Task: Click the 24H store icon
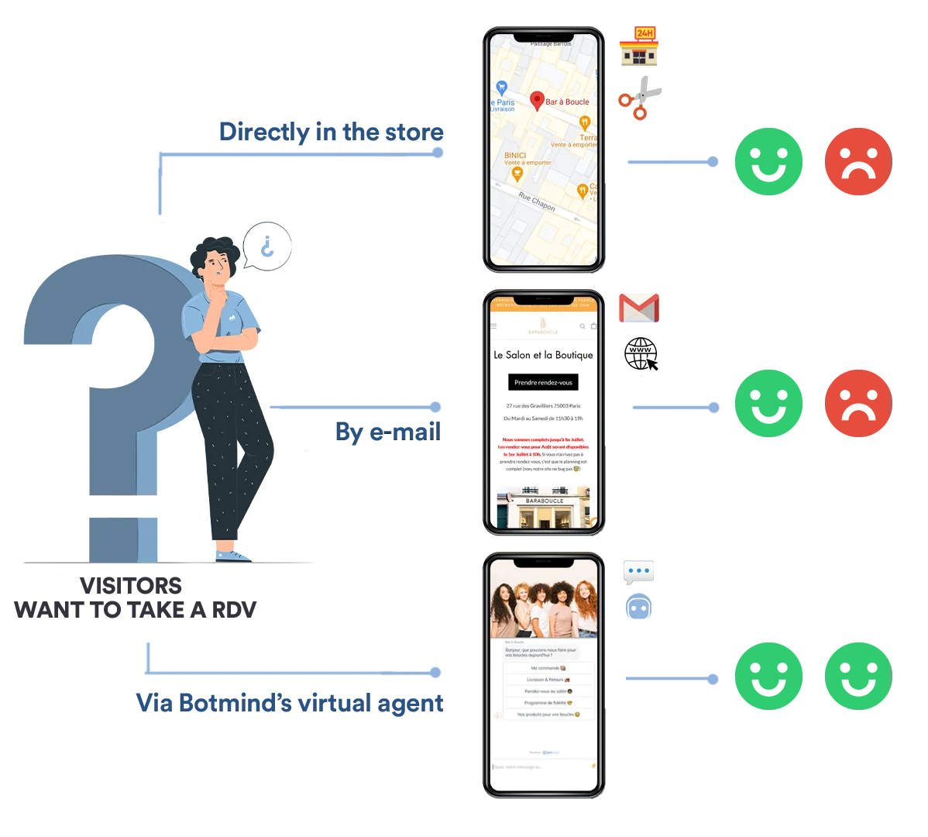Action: point(640,47)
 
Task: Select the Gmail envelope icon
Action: point(639,308)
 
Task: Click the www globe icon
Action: point(641,354)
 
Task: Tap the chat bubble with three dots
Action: point(638,571)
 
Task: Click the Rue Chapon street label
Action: point(537,201)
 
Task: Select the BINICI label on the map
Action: point(515,156)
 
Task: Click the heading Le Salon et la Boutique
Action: point(543,355)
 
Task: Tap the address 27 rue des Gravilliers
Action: point(543,405)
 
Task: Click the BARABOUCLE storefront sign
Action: point(545,501)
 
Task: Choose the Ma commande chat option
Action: point(548,667)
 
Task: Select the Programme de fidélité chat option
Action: point(548,703)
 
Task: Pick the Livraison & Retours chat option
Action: point(548,680)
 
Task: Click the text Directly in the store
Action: point(332,131)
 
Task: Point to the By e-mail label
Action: point(388,432)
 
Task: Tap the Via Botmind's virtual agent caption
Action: point(290,702)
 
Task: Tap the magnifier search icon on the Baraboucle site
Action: point(583,326)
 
